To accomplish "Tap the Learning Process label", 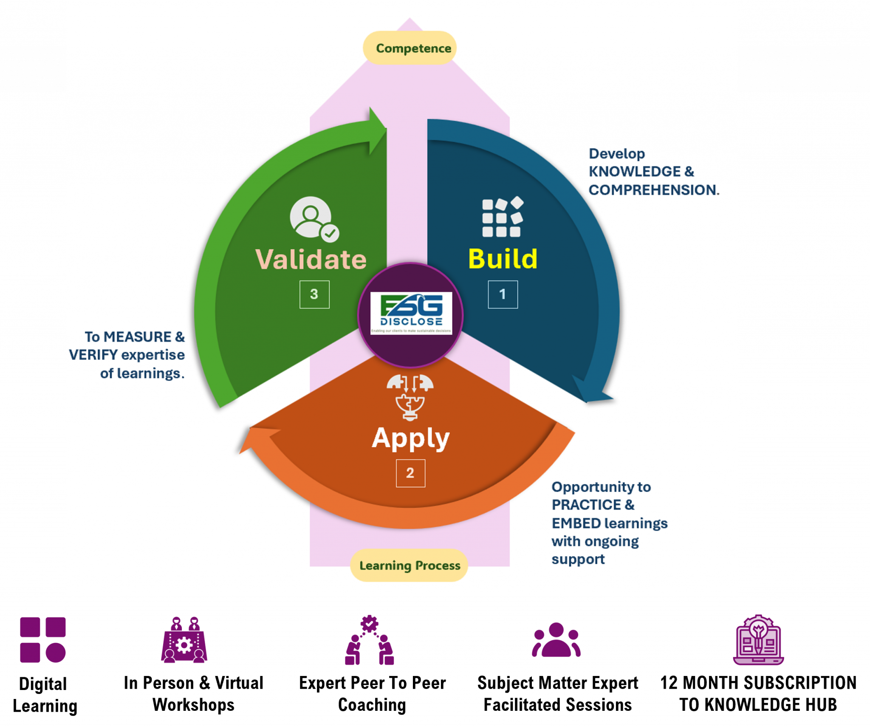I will point(409,566).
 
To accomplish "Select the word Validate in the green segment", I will point(311,259).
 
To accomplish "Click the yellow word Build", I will point(503,259).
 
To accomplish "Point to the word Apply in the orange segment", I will point(410,438).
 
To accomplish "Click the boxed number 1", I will point(503,294).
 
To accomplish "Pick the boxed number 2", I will point(410,473).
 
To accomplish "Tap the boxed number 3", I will point(314,294).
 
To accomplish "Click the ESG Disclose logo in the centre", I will point(411,314).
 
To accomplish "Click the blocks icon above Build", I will point(503,217).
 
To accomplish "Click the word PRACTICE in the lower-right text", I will point(586,505).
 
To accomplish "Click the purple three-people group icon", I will point(556,640).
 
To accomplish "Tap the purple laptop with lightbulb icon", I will point(758,639).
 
